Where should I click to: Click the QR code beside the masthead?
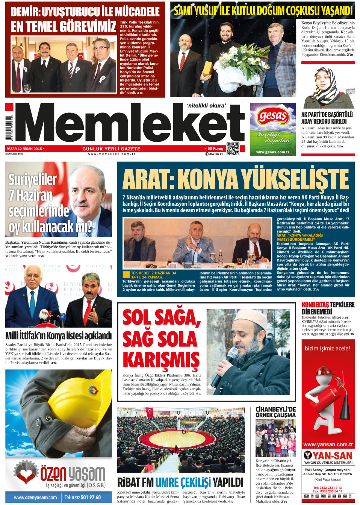tap(233, 149)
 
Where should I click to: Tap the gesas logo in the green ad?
tap(273, 116)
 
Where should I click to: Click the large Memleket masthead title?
tap(130, 124)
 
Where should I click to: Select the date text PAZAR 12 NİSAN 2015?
tap(24, 149)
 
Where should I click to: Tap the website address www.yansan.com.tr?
tap(328, 444)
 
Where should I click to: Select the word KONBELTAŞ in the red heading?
tap(315, 305)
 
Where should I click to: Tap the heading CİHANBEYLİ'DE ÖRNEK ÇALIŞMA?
tap(275, 412)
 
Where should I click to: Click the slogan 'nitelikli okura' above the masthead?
tap(207, 106)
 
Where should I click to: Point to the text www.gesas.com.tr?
tap(273, 152)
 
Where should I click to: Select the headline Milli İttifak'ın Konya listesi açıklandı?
tap(59, 335)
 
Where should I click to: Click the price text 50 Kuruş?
tap(215, 149)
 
